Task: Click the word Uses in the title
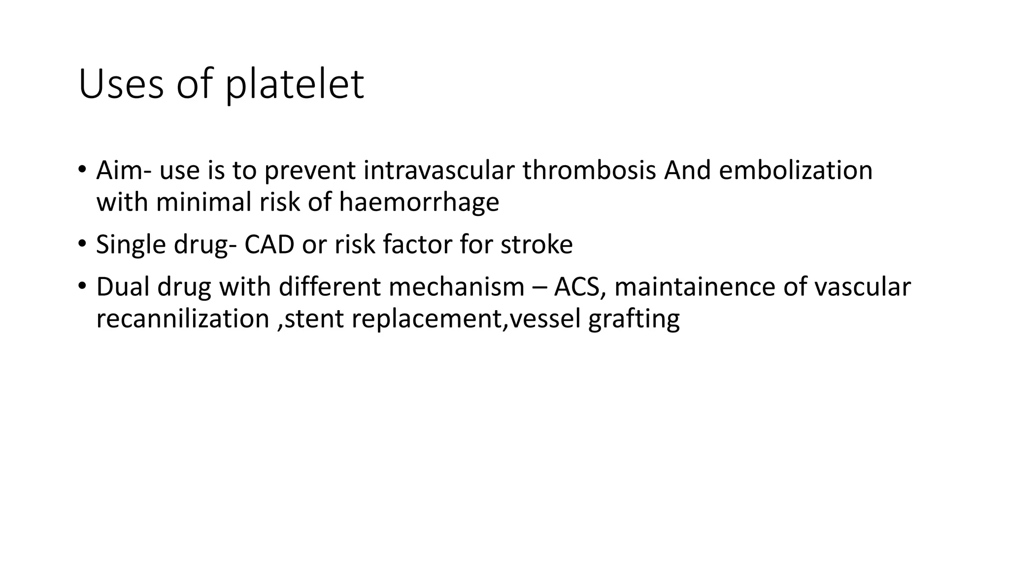(x=121, y=84)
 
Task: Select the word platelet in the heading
(x=295, y=84)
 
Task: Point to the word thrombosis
(x=589, y=170)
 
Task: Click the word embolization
(x=796, y=170)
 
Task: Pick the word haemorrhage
(x=419, y=202)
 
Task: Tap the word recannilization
(x=182, y=319)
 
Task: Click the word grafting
(x=634, y=319)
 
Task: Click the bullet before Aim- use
(x=82, y=169)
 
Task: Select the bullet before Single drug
(x=82, y=243)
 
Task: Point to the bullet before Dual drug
(x=82, y=285)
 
